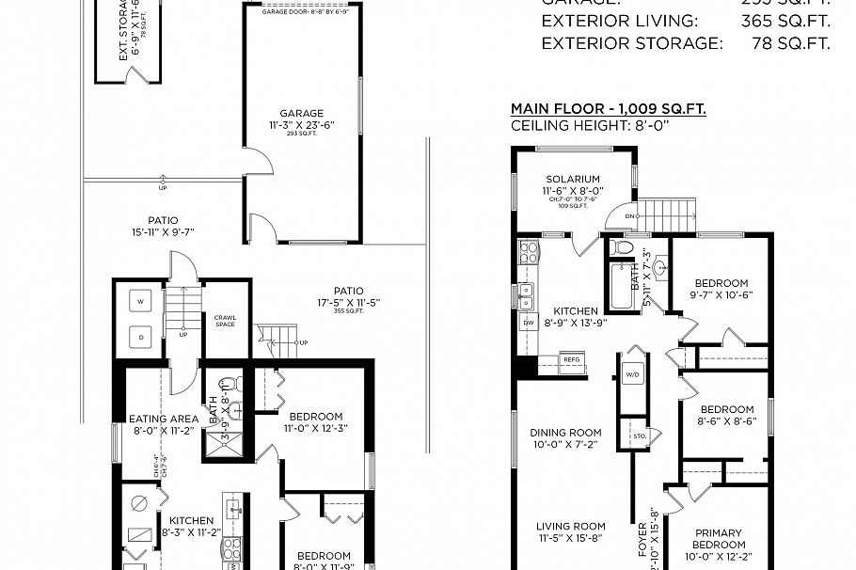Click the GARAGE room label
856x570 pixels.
coord(301,113)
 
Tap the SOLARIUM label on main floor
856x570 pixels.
coord(573,179)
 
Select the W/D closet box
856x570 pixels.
coord(630,375)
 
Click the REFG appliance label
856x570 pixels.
coord(571,358)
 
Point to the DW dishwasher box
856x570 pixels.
coord(526,321)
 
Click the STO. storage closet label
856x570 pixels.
coord(639,436)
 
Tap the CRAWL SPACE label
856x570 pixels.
coord(225,321)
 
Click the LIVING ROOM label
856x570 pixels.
coord(571,527)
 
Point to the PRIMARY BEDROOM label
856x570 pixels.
coord(720,538)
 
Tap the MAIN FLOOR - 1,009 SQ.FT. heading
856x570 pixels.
coord(608,109)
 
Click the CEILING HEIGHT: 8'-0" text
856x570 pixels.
coord(589,126)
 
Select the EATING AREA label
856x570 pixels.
coord(164,419)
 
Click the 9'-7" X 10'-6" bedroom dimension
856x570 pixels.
coord(722,294)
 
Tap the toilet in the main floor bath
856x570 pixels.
coord(621,248)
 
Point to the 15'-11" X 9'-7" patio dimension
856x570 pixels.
coord(162,231)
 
